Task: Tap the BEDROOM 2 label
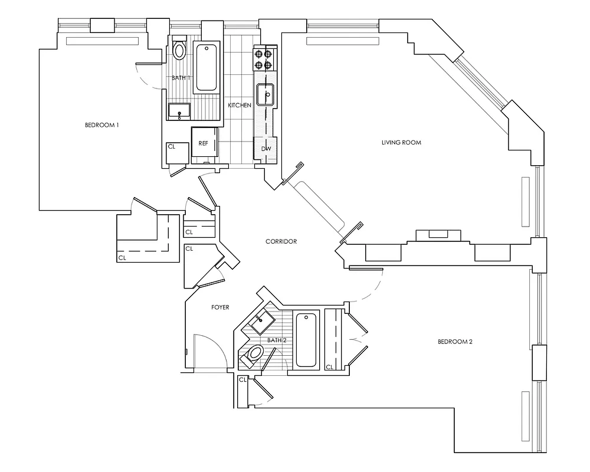(x=455, y=342)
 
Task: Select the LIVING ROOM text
(x=401, y=142)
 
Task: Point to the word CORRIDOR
(x=281, y=241)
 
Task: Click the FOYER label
(x=220, y=307)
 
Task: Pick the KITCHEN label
(x=240, y=105)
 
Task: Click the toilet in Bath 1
(x=180, y=50)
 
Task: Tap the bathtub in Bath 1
(x=207, y=67)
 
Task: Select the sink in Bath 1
(x=179, y=110)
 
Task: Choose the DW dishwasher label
(x=265, y=149)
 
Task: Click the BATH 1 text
(x=181, y=78)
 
